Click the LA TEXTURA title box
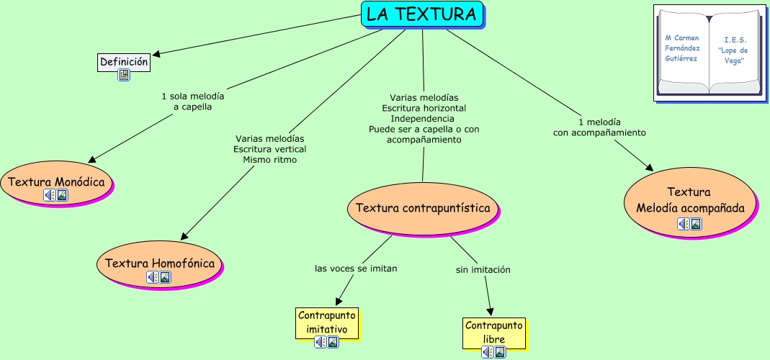[x=421, y=14]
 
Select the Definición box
[x=124, y=62]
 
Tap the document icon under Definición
[x=124, y=75]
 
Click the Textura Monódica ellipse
[x=56, y=182]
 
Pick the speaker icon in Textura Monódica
[x=49, y=195]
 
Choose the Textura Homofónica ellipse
[x=160, y=264]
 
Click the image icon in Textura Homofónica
[x=166, y=277]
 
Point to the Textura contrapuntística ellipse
[x=423, y=208]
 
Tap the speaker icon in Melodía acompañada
[x=683, y=224]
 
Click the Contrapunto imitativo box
[x=327, y=322]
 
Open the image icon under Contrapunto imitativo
[x=333, y=342]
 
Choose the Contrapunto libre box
[x=493, y=332]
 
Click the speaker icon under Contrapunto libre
[x=488, y=352]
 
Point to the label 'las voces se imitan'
[x=356, y=269]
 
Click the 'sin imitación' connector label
[x=483, y=270]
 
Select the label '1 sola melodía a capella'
[x=192, y=102]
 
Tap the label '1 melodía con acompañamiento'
[x=599, y=127]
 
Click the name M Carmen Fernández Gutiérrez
[x=681, y=48]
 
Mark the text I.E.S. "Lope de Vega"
[x=733, y=50]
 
